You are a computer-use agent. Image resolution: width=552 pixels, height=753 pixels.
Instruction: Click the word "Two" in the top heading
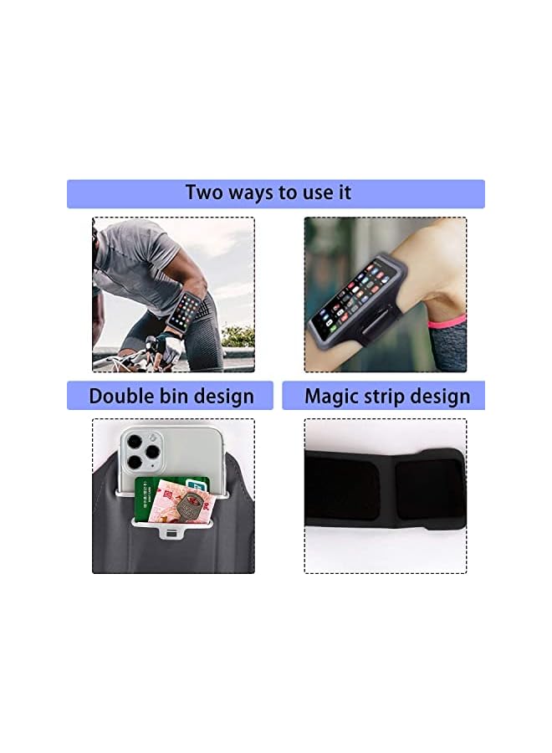(x=205, y=192)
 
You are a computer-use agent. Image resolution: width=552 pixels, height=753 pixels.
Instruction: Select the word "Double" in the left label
(x=124, y=396)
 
